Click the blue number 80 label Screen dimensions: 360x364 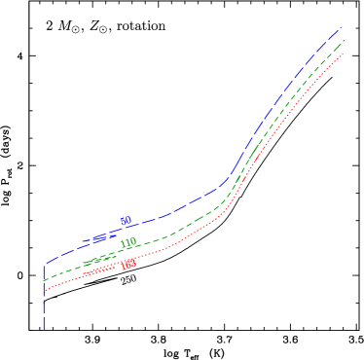126,222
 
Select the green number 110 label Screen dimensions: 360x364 127,243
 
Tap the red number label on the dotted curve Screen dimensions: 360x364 127,264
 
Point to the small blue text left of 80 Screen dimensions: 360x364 99,238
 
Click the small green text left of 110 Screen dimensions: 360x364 95,260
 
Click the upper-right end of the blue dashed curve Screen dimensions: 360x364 341,29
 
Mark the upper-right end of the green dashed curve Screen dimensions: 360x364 345,41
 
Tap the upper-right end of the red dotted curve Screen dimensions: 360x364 345,54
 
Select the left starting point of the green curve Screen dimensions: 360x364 45,280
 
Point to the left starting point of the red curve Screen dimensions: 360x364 45,290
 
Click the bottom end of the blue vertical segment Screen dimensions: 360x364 45,329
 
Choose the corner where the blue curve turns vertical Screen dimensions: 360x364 45,265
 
